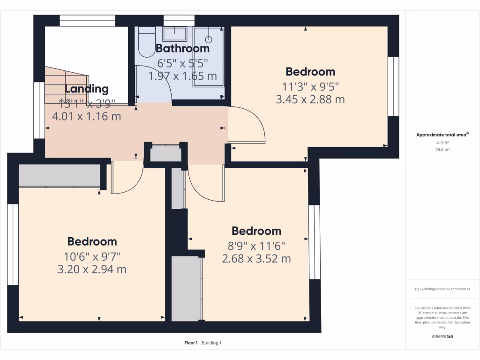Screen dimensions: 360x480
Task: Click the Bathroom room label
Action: (182, 48)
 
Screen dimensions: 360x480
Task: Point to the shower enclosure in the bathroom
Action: (209, 56)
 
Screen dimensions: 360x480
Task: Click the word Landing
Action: (86, 89)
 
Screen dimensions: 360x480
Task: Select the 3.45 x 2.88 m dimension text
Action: (311, 99)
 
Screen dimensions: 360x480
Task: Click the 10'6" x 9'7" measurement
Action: (92, 256)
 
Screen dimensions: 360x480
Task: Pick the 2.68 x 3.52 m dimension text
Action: (256, 258)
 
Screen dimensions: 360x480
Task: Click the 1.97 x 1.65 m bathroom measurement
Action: (182, 75)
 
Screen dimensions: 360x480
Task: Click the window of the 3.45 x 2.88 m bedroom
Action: (393, 86)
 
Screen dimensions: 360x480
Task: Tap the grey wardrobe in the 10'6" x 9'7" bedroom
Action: (60, 175)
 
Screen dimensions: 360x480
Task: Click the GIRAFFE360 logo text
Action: (442, 337)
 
